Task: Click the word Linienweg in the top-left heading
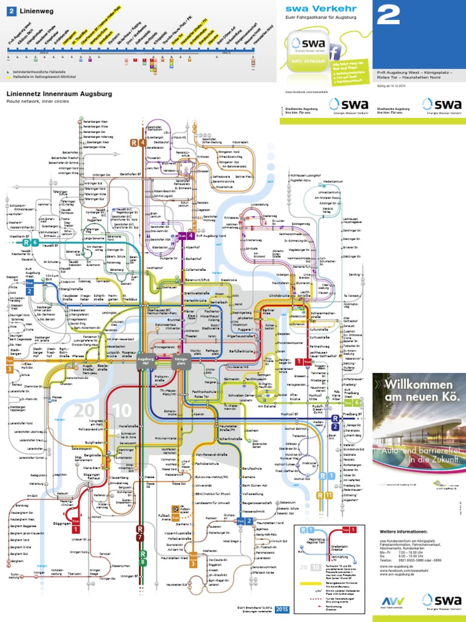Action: (36, 11)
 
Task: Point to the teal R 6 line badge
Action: (30, 243)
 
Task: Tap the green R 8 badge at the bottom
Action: (143, 556)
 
